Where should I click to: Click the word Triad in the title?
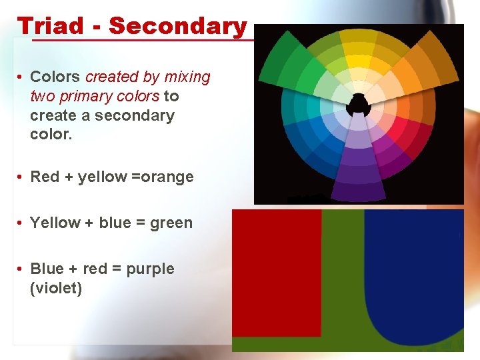point(51,26)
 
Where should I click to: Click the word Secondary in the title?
point(178,26)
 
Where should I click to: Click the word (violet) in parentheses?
point(56,289)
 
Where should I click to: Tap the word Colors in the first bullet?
point(55,77)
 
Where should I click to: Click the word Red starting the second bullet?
point(45,177)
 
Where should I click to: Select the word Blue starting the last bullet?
point(47,269)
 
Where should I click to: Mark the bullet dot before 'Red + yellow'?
point(21,177)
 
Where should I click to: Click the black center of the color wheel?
point(359,104)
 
